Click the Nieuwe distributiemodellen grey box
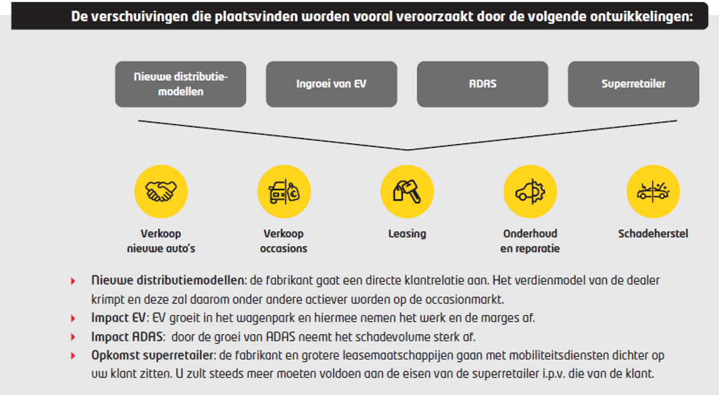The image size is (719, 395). [x=180, y=84]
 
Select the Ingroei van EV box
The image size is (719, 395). [x=331, y=84]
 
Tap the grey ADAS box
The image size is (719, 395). [x=482, y=84]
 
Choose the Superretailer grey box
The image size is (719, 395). [x=633, y=84]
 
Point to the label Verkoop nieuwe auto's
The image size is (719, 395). [x=161, y=241]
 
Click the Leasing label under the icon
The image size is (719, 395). [x=407, y=234]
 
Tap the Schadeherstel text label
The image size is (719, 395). [x=653, y=234]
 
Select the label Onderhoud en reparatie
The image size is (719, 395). [x=530, y=241]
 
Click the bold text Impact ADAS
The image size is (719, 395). [x=124, y=337]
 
